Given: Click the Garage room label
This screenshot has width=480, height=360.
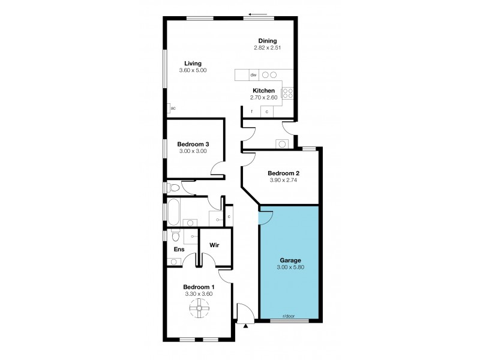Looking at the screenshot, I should (289, 261).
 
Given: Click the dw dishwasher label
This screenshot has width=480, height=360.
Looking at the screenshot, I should (254, 75).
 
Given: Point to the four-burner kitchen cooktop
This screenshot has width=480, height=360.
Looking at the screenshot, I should (287, 92).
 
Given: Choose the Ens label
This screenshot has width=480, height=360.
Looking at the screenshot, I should (179, 249).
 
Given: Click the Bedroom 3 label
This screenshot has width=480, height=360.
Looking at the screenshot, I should (193, 144).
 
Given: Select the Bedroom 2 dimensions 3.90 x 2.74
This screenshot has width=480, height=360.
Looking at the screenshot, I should (284, 181).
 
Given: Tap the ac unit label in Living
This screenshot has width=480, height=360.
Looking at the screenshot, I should (173, 109).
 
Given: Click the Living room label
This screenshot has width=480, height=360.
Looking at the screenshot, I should (193, 63).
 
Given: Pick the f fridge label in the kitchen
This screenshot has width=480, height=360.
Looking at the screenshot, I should (251, 112).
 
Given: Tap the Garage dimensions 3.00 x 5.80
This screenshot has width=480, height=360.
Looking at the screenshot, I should (289, 268).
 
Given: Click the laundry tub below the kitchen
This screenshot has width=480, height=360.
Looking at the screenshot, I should (281, 143).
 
